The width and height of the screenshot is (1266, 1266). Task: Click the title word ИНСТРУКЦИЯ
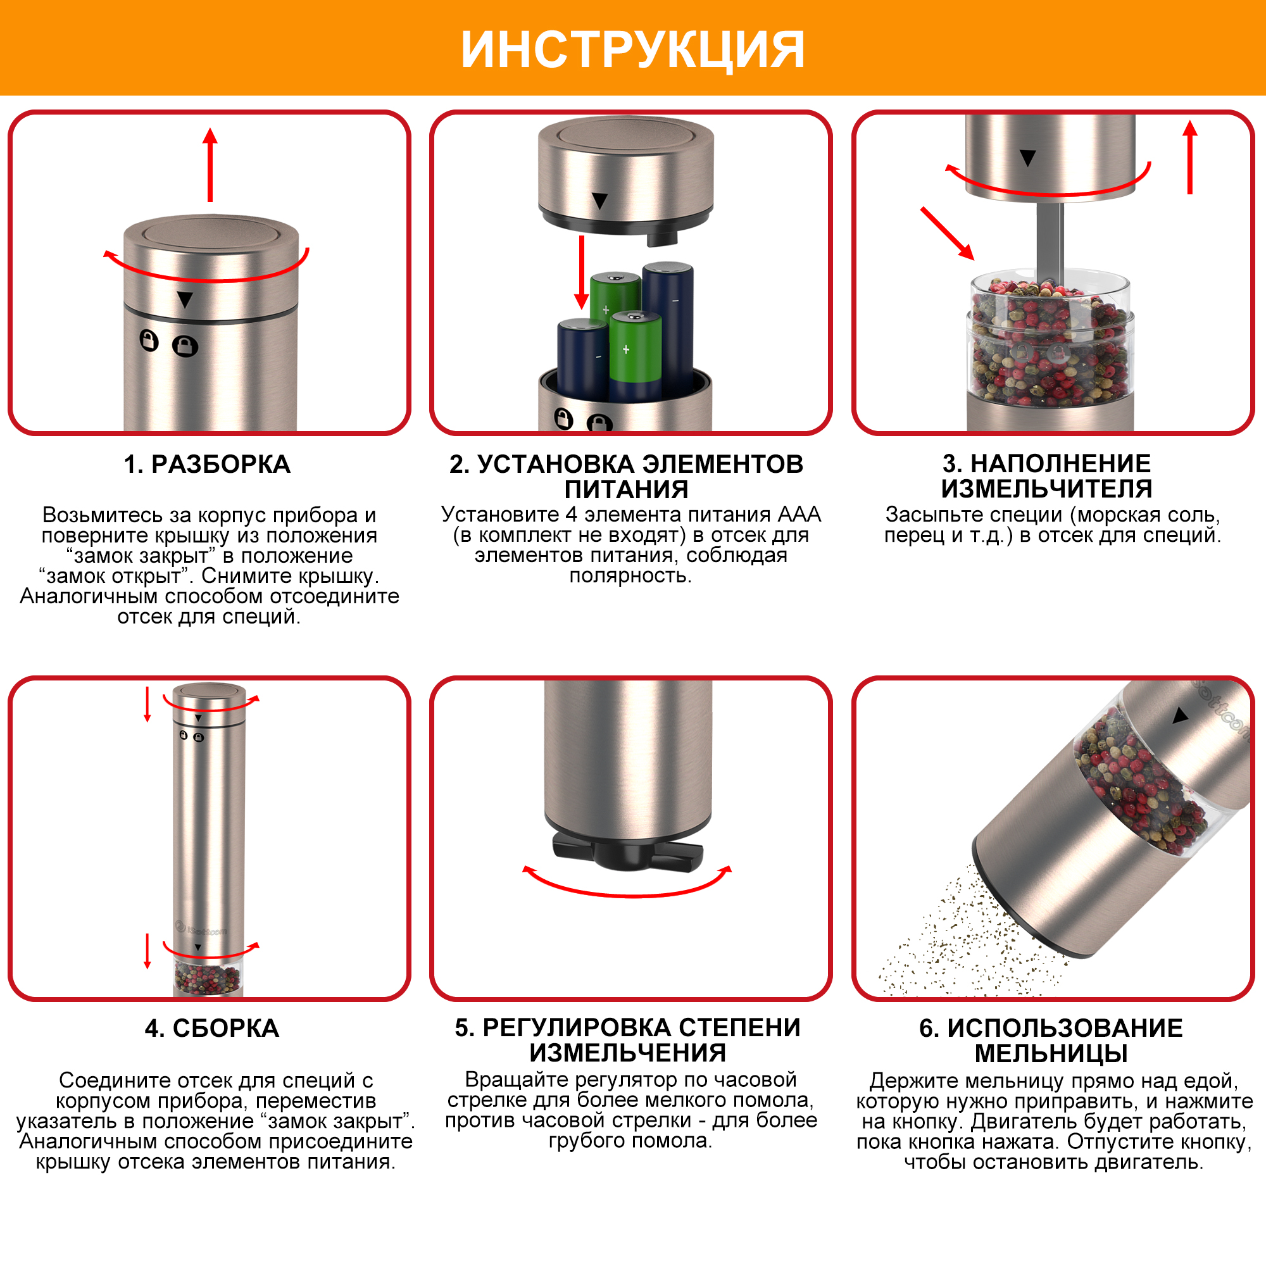pos(632,50)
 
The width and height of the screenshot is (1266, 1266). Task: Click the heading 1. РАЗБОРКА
pos(207,465)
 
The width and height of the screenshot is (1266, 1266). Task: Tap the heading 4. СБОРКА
pos(211,1028)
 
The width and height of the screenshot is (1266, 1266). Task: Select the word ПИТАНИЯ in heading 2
pos(627,489)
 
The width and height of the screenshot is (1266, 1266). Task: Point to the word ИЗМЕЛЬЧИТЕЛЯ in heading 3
pos(1046,489)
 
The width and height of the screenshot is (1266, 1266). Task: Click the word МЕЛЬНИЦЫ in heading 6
pos(1051,1054)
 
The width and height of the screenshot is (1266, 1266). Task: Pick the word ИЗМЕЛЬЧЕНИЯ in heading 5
pos(628,1053)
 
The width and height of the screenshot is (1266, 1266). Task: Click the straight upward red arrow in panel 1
pos(210,165)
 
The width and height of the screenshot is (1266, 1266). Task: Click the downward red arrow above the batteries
pos(581,273)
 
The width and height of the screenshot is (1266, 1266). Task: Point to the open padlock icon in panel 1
pos(149,341)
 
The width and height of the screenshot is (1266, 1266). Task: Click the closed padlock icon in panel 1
pos(185,346)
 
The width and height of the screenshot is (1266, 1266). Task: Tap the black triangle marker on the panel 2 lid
pos(599,201)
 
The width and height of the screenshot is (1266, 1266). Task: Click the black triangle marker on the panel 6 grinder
pos(1181,715)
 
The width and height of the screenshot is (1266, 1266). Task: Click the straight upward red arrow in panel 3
pos(1190,157)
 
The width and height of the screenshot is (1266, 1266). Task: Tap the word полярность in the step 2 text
pos(630,576)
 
